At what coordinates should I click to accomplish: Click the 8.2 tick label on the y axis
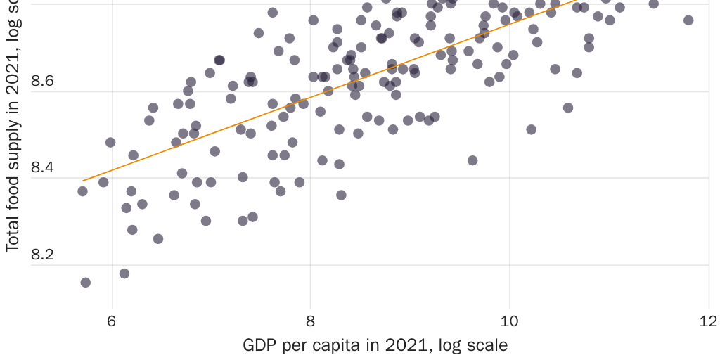coord(42,255)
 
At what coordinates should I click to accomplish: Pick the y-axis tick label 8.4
coord(42,168)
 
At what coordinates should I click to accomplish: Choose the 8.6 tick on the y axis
coord(42,82)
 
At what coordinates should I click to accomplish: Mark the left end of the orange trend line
coord(83,181)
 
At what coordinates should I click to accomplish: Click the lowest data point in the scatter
coord(86,283)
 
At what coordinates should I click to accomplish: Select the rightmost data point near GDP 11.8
coord(688,20)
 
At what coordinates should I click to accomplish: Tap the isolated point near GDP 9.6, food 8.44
coord(472,160)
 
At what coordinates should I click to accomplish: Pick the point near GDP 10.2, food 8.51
coord(531,129)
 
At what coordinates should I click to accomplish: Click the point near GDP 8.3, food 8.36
coord(341,195)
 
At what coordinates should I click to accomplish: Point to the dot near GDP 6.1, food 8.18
coord(124,274)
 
